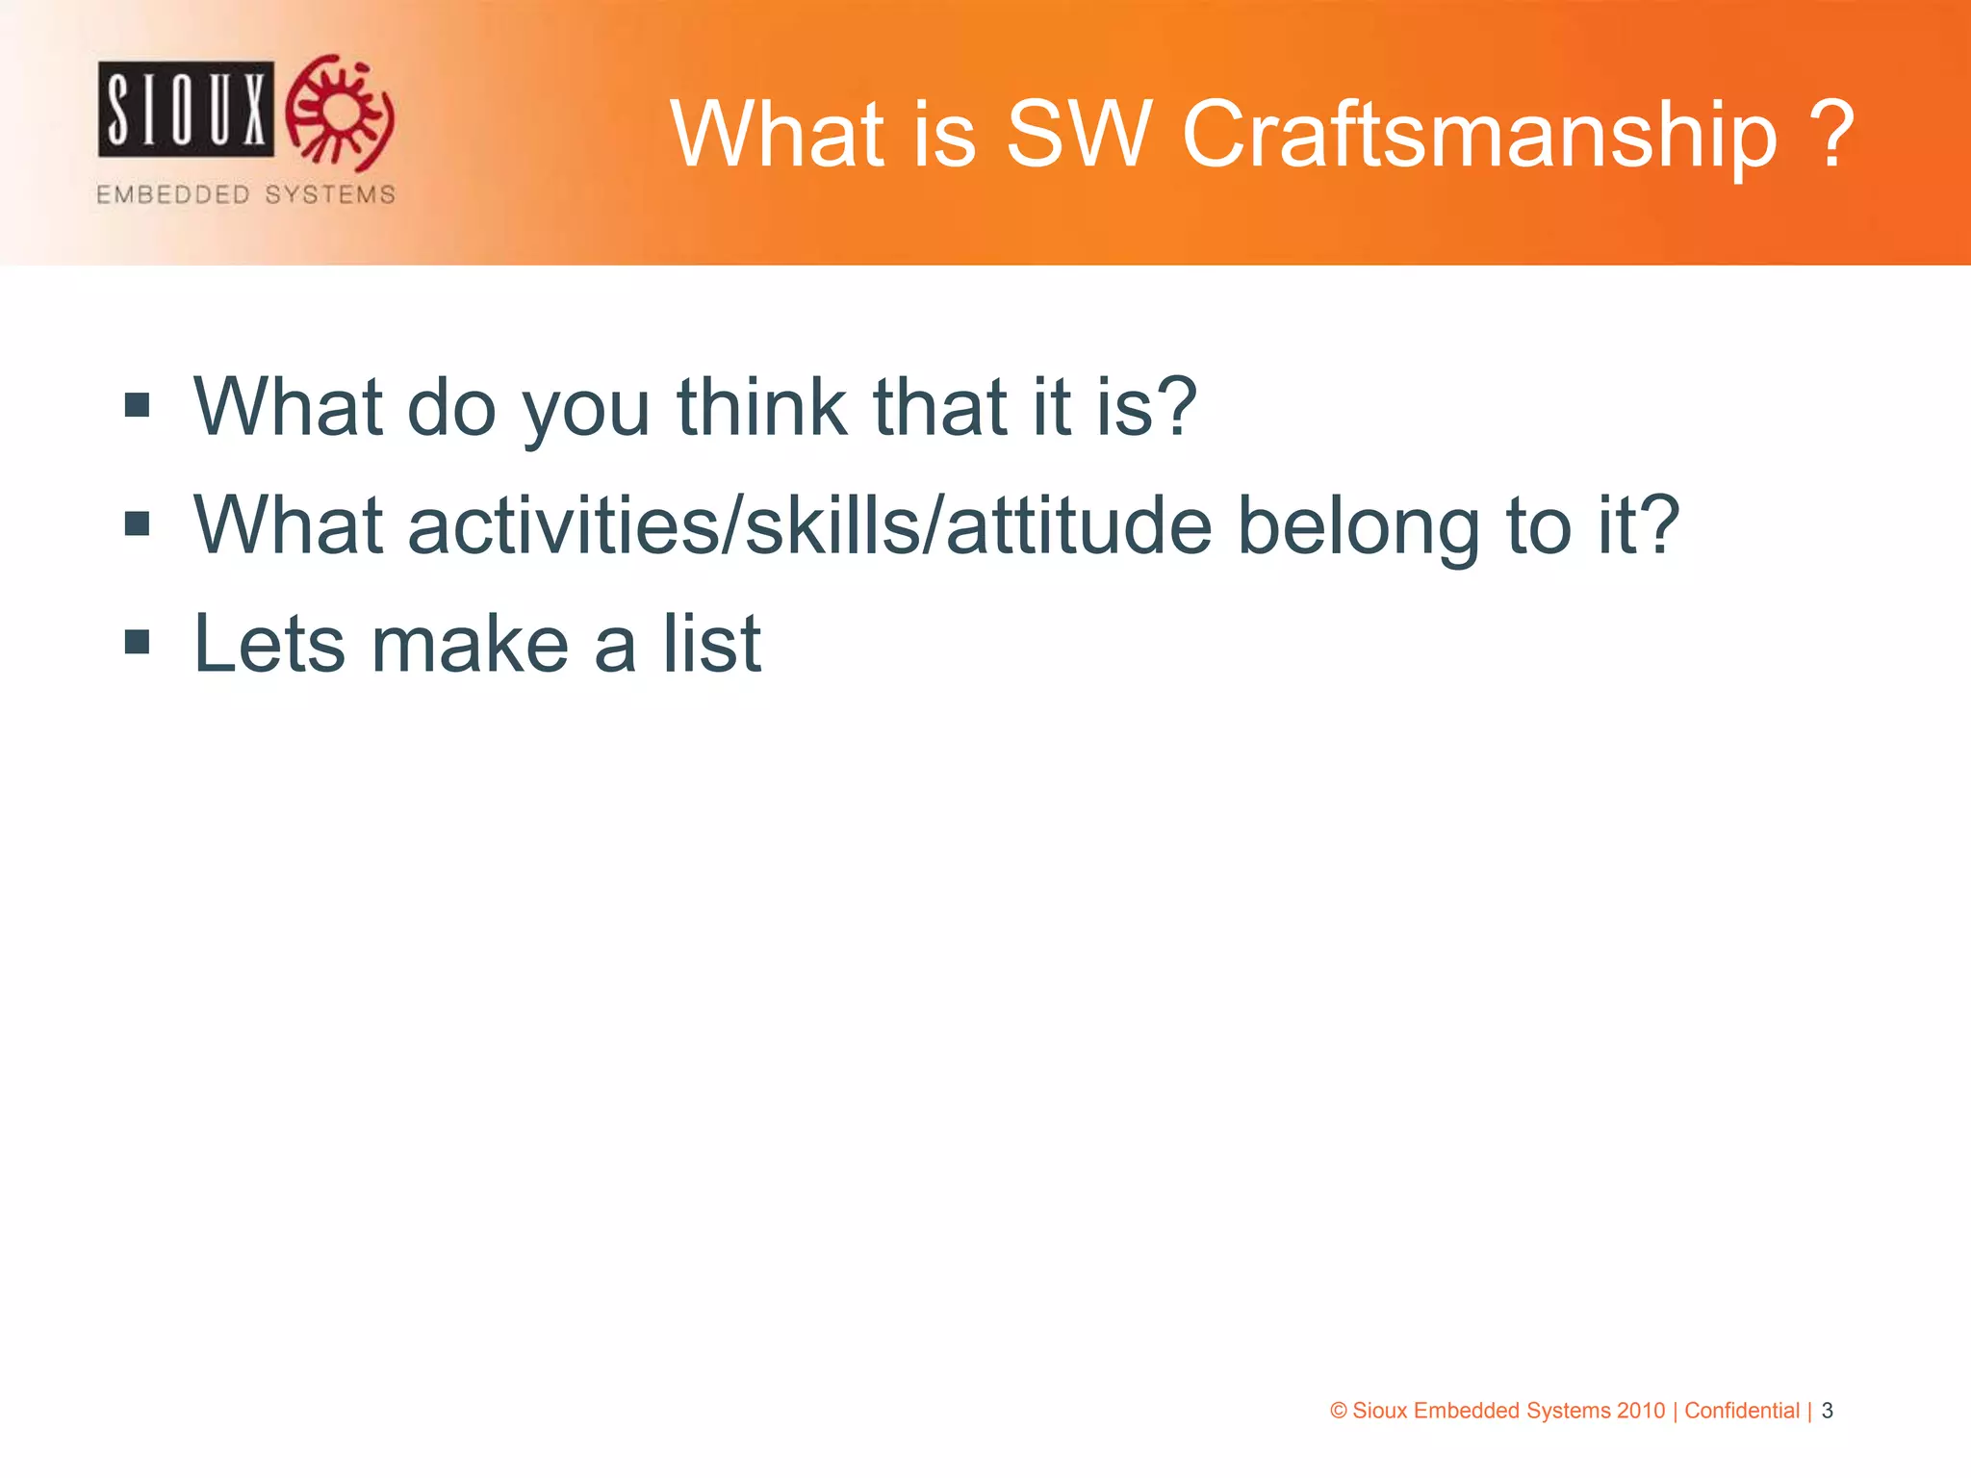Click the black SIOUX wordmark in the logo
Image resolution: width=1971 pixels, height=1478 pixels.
(186, 109)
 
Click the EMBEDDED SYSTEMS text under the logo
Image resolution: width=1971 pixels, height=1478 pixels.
(245, 194)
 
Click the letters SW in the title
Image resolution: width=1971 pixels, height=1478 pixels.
(1078, 135)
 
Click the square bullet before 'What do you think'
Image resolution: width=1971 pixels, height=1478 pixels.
(138, 405)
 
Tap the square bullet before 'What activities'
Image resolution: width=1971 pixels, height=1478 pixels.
(138, 523)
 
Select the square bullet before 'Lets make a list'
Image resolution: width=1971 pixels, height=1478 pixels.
(138, 642)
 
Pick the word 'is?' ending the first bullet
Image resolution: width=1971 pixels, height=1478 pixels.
(1146, 406)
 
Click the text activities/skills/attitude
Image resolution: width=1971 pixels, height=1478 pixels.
(809, 525)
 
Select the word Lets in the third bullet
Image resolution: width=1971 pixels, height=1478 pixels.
(269, 643)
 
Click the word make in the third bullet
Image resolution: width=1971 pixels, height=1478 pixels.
(470, 643)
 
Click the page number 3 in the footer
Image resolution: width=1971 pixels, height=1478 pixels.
(1827, 1411)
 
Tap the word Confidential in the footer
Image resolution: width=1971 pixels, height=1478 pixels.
(1741, 1411)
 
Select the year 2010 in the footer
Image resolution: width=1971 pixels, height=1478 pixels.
(1640, 1411)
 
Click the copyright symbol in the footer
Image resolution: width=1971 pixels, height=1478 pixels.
(1338, 1411)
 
